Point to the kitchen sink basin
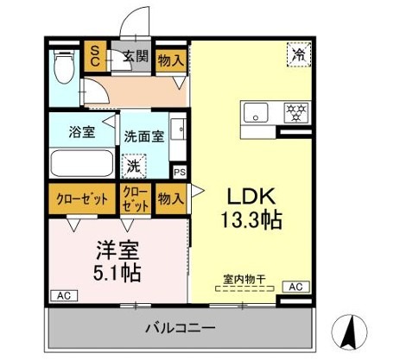pos(257,113)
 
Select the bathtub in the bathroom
pos(81,163)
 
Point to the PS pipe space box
pos(179,171)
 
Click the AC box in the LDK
pos(295,287)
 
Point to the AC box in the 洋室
pos(61,295)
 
